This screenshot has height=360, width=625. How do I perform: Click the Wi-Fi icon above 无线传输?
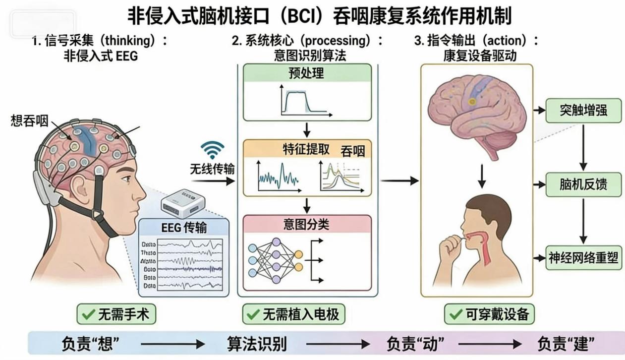click(x=212, y=150)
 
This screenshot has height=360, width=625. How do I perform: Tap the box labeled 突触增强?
click(x=583, y=110)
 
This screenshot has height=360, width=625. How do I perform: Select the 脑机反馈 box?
click(x=583, y=184)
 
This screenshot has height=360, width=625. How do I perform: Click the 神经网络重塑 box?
click(x=583, y=258)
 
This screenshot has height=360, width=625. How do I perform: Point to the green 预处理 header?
click(x=307, y=73)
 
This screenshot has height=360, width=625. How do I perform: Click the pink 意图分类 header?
click(x=307, y=224)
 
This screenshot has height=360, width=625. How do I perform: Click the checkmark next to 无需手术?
click(x=89, y=314)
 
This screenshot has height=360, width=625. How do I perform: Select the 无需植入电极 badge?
click(x=293, y=314)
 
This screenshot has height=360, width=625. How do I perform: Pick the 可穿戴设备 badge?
click(x=489, y=314)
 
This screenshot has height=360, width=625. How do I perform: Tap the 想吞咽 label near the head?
click(x=29, y=121)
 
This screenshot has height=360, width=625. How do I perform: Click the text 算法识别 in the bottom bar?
click(x=256, y=343)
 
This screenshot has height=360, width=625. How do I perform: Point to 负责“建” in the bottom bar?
click(x=566, y=343)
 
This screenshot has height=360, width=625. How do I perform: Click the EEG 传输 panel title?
click(x=184, y=228)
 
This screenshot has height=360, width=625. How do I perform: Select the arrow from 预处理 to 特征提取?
click(x=307, y=130)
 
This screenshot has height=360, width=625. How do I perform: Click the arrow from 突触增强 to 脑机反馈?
click(x=583, y=147)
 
